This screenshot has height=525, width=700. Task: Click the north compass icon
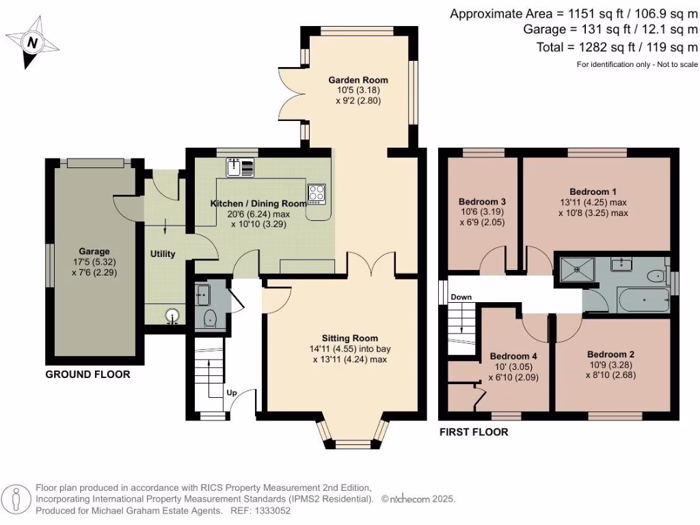click(x=30, y=43)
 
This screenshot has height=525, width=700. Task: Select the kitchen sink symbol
click(x=240, y=167)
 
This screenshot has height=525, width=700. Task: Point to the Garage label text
click(x=93, y=252)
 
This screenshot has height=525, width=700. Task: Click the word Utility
click(x=163, y=254)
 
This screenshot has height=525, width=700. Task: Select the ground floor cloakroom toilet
click(x=210, y=319)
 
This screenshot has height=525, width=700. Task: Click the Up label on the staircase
click(x=232, y=393)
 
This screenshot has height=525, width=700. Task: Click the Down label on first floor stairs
click(x=461, y=297)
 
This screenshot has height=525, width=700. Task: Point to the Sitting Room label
click(x=350, y=338)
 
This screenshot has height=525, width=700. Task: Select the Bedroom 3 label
click(x=482, y=202)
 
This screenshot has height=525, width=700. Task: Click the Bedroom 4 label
click(x=513, y=356)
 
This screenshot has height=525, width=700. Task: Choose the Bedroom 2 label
click(x=611, y=354)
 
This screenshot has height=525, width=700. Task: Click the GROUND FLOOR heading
click(x=87, y=375)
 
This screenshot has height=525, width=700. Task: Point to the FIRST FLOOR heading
click(x=474, y=432)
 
